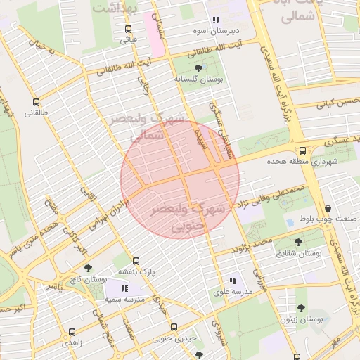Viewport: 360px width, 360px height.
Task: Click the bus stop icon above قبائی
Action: pyautogui.click(x=127, y=30)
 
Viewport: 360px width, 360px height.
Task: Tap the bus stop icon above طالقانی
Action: pyautogui.click(x=35, y=102)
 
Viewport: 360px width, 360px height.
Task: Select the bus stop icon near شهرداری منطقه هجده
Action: pyautogui.click(x=302, y=150)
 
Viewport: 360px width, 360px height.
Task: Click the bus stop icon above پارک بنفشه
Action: pyautogui.click(x=136, y=260)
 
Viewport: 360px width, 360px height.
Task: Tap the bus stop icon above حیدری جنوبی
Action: pyautogui.click(x=174, y=328)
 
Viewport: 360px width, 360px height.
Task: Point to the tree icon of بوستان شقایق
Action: pyautogui.click(x=298, y=241)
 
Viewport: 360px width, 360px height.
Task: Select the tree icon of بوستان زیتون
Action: pyautogui.click(x=301, y=308)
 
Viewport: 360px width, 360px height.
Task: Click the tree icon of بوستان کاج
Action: pyautogui.click(x=87, y=268)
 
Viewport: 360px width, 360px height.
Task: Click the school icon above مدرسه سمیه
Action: pyautogui.click(x=124, y=288)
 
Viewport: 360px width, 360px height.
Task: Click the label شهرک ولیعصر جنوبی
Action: pyautogui.click(x=188, y=218)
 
